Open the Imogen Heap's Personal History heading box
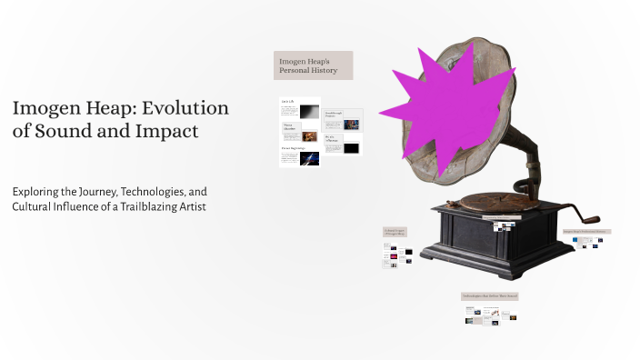(313, 65)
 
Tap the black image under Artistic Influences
(351, 148)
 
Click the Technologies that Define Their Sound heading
(489, 297)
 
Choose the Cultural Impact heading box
(395, 233)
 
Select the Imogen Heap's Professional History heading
(586, 232)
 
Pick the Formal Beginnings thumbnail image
(309, 158)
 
